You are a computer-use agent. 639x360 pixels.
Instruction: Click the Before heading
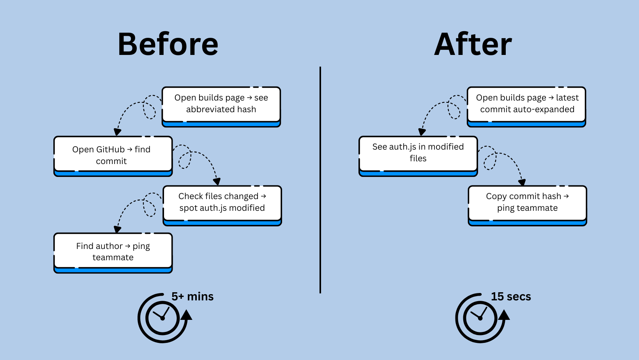coord(168,44)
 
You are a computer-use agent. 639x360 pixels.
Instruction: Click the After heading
coord(473,44)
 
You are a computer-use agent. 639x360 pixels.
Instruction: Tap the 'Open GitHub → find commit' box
coord(113,155)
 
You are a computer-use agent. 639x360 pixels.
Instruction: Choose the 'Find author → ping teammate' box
coord(113,252)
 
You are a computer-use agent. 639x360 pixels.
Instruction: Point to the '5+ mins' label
coord(192,296)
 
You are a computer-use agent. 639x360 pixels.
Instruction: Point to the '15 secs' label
coord(511,296)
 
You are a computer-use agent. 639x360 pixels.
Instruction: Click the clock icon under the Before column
coord(163,318)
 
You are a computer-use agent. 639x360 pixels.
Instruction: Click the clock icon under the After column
coord(481,318)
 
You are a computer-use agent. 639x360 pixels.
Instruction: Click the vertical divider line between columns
coord(320,179)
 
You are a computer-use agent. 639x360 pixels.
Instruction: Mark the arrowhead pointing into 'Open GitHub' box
coord(117,132)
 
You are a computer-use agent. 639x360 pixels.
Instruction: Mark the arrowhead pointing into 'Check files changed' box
coord(217,182)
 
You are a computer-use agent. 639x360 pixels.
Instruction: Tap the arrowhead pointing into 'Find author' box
coord(117,229)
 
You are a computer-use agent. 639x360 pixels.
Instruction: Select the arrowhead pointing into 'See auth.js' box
coord(422,132)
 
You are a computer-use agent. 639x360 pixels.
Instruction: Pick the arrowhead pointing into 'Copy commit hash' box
coord(522,182)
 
